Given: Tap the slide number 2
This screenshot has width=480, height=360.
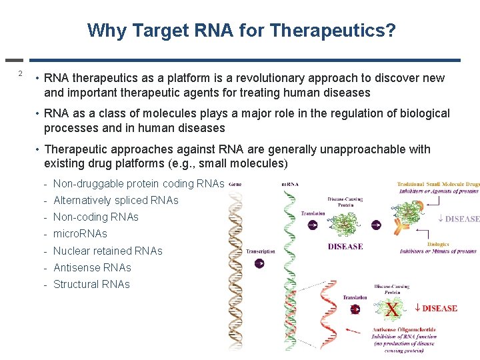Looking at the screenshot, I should tap(21, 73).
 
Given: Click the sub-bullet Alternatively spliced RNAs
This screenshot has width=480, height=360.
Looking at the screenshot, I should tap(115, 200).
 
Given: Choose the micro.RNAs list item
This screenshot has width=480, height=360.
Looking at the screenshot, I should tap(79, 233).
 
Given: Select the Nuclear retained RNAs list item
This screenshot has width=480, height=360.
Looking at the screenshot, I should tap(107, 251).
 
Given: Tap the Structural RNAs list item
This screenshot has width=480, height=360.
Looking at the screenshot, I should tap(91, 284).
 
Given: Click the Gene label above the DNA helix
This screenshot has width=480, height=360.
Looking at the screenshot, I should tap(235, 183).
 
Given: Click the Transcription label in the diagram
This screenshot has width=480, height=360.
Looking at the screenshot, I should tap(260, 251).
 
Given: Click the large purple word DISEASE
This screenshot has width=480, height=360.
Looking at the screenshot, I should tap(345, 247).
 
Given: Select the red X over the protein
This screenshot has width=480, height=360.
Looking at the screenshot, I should tap(393, 309).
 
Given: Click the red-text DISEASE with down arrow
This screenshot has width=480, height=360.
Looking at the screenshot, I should tap(436, 308).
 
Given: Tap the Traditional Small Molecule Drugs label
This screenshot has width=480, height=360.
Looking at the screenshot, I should tap(438, 184).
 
